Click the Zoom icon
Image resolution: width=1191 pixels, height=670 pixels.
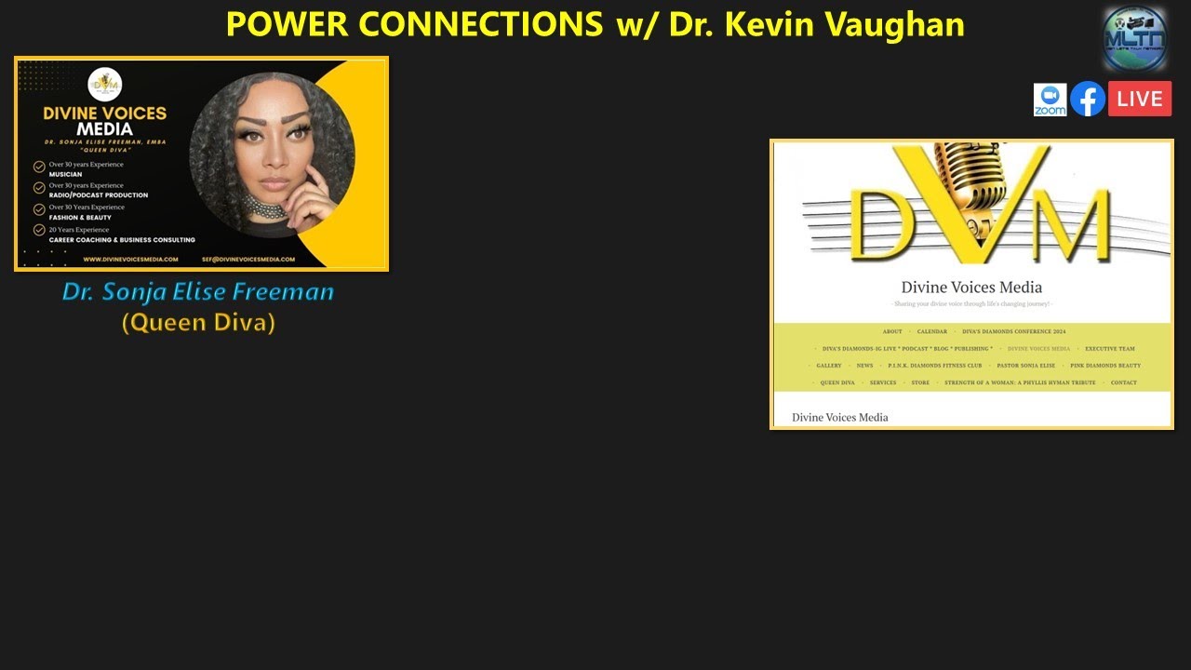point(1050,100)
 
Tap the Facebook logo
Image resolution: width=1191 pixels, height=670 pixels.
point(1087,99)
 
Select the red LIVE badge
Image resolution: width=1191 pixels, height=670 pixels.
point(1140,99)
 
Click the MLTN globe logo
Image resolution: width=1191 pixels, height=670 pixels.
point(1134,38)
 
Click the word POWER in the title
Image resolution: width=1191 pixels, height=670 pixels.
point(288,24)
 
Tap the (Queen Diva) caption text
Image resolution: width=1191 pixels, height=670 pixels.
point(198,323)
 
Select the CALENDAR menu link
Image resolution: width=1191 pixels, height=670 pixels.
point(931,331)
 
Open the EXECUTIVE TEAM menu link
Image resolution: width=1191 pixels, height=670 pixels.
point(1109,349)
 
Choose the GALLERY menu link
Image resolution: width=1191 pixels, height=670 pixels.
point(829,366)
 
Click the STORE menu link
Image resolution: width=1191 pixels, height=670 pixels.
point(920,382)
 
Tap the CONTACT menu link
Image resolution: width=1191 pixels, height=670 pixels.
point(1123,382)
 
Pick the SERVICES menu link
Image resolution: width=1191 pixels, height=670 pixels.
point(883,382)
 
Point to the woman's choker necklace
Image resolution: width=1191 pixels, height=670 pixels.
point(265,208)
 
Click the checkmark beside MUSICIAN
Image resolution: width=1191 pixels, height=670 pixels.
point(39,167)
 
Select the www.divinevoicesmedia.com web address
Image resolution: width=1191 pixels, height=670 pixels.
point(130,259)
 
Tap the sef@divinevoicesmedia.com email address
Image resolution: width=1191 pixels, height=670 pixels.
point(248,259)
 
